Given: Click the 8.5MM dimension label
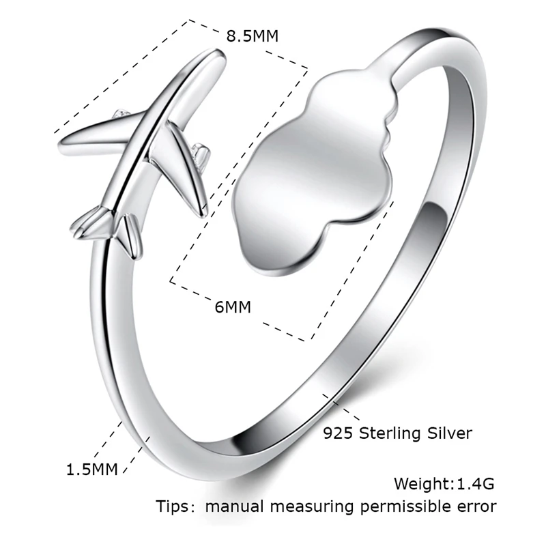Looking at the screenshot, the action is (x=253, y=36).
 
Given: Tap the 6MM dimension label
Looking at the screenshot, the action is (x=233, y=307).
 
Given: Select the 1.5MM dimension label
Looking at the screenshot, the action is (x=91, y=469).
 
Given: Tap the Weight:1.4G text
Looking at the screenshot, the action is (x=444, y=484).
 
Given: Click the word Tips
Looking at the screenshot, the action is (x=176, y=506).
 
